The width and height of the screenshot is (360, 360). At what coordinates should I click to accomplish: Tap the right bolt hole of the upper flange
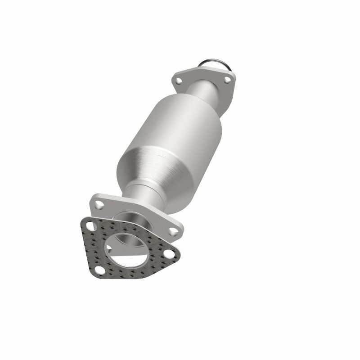tap(227, 80)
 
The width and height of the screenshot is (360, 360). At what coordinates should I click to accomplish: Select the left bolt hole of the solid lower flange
tap(100, 206)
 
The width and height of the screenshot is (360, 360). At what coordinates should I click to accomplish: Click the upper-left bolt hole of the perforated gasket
tap(92, 227)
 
